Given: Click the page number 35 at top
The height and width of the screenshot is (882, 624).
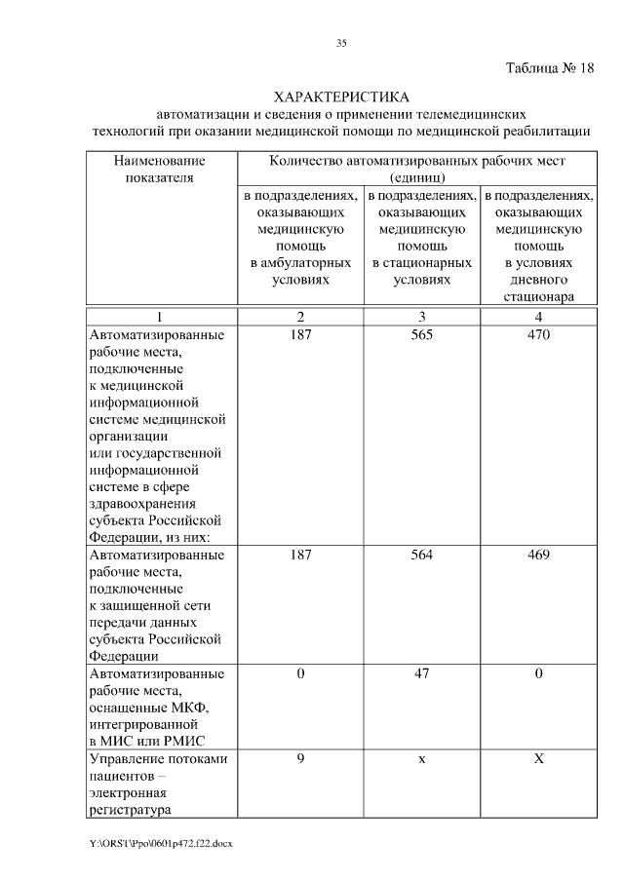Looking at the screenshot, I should click(x=341, y=43).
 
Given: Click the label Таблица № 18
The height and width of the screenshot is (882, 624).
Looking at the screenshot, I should click(x=549, y=69).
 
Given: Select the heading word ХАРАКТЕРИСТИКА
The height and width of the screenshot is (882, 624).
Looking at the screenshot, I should click(x=341, y=97).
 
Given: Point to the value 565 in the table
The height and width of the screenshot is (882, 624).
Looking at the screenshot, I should click(x=421, y=335).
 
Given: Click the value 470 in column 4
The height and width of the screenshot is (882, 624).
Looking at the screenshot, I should click(x=538, y=335).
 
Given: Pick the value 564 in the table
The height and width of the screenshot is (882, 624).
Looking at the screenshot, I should click(x=421, y=555).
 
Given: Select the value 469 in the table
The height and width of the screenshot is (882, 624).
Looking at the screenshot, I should click(x=538, y=555).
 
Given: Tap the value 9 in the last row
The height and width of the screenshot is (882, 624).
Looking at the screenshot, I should click(x=300, y=758).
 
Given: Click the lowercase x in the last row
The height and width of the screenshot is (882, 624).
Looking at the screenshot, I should click(x=421, y=759).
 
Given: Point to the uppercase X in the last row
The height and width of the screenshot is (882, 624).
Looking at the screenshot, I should click(x=538, y=758).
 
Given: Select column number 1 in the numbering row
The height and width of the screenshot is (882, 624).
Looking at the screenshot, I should click(x=160, y=317).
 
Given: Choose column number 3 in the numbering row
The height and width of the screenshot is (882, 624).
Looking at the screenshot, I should click(x=421, y=317).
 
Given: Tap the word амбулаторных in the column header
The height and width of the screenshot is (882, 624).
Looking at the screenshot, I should click(x=300, y=263).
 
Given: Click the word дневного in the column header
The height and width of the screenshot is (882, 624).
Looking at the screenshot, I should click(x=538, y=280).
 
